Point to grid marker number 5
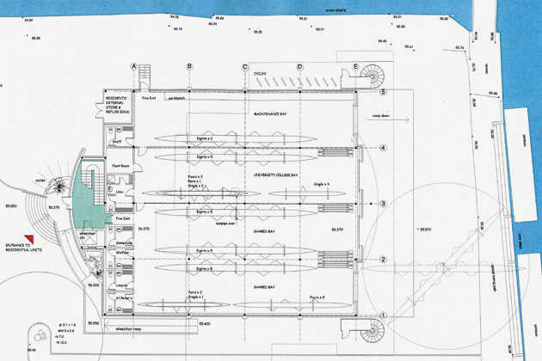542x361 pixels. (x=385, y=91)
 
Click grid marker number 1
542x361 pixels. (x=385, y=315)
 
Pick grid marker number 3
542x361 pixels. (x=385, y=204)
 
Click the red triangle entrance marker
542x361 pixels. (x=28, y=241)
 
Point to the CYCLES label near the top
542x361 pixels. (x=259, y=74)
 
